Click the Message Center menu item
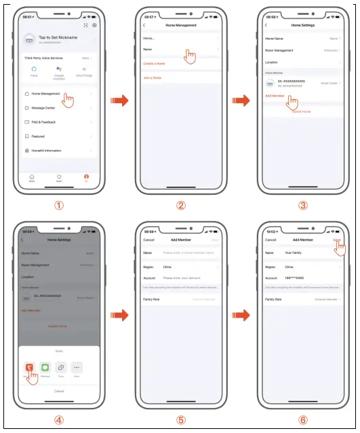(x=43, y=107)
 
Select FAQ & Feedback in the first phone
(x=43, y=122)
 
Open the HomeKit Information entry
(x=46, y=151)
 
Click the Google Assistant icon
(x=58, y=70)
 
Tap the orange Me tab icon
(x=86, y=177)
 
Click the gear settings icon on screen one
(x=94, y=25)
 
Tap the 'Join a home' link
(x=153, y=78)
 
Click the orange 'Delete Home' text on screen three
(x=301, y=111)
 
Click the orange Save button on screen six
(x=337, y=240)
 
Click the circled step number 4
(x=58, y=419)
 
